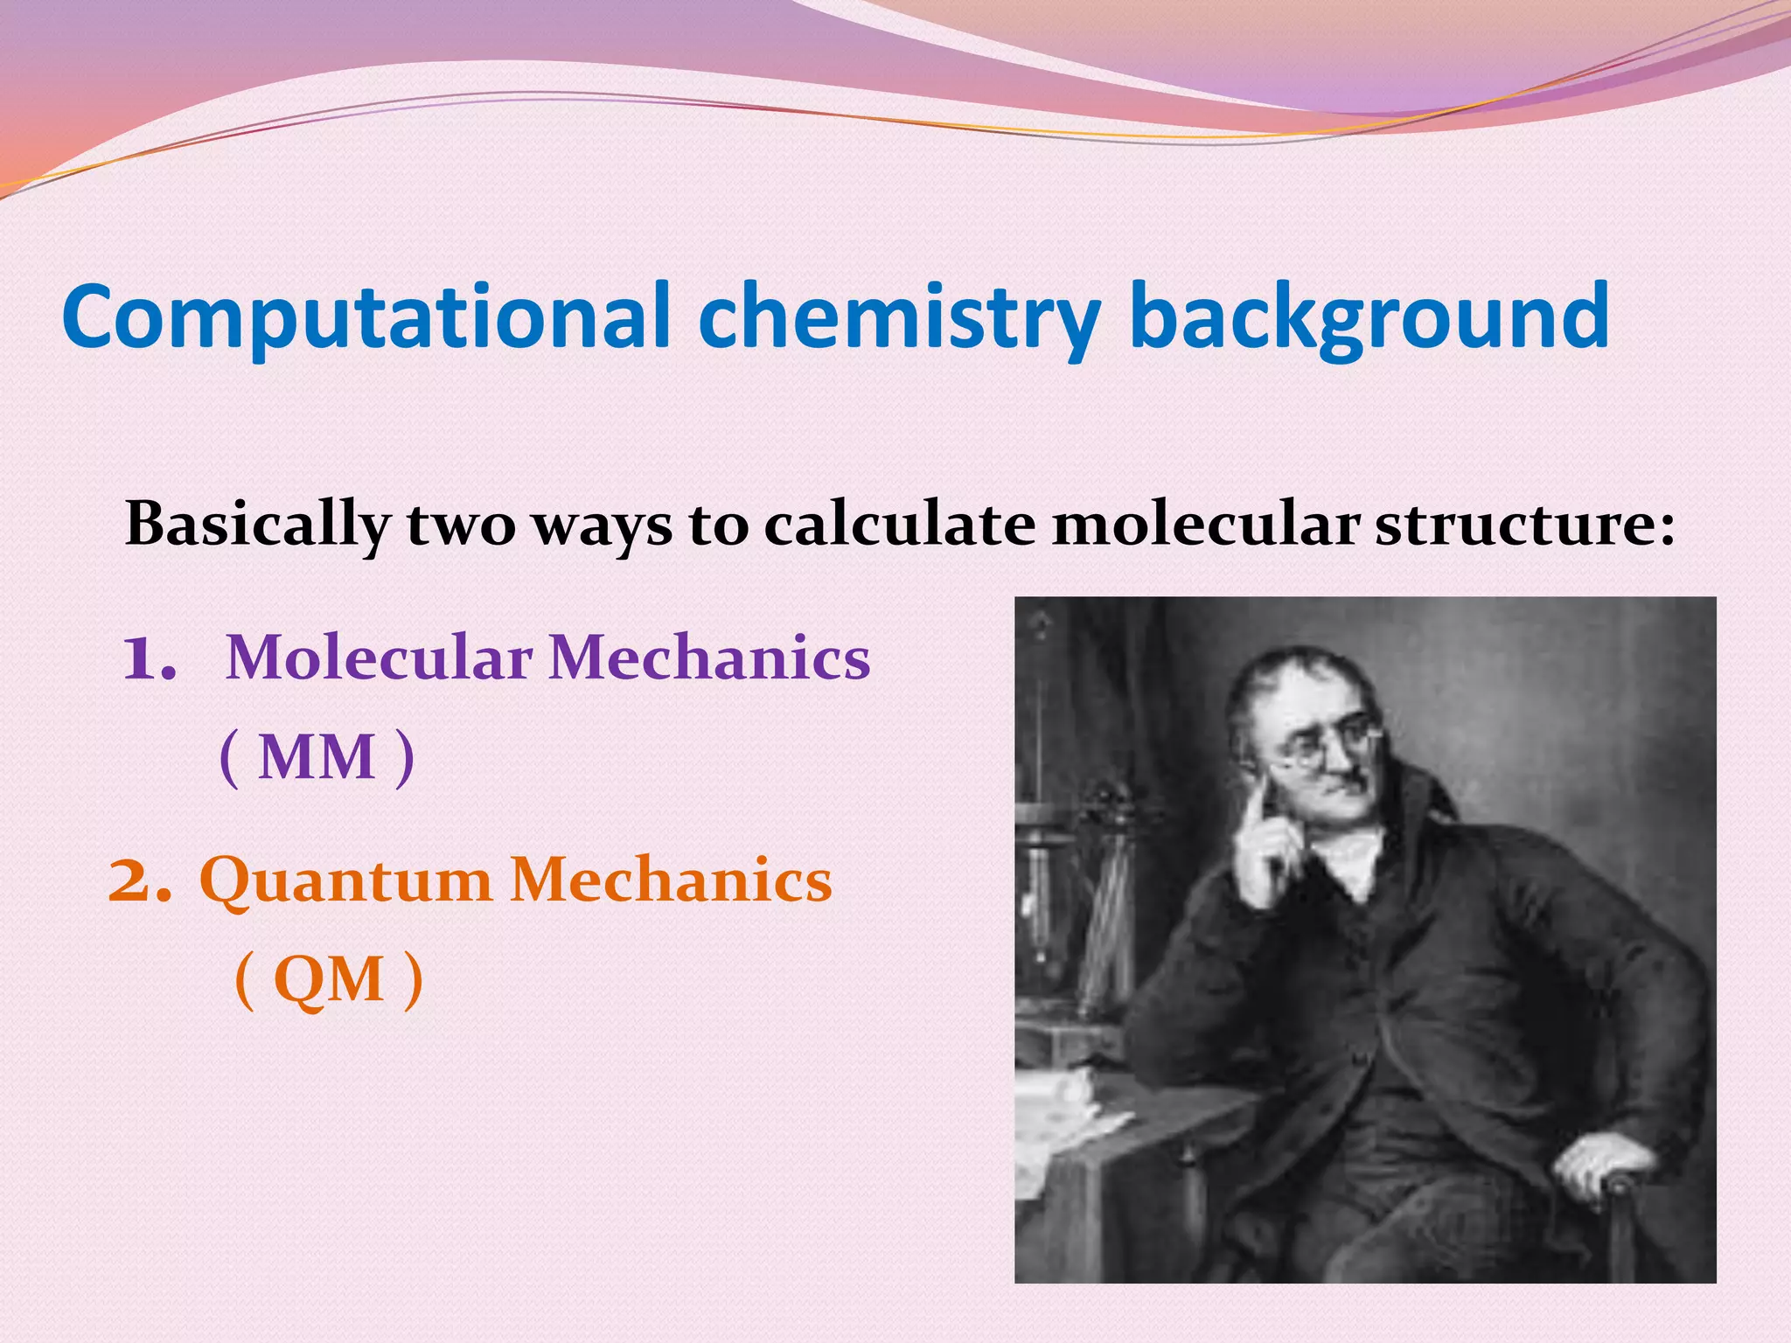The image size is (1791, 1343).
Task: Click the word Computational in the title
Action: click(366, 317)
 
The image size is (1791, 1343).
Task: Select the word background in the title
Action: click(1369, 317)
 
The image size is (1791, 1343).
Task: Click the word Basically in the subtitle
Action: click(256, 525)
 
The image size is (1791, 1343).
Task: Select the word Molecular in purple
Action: click(379, 658)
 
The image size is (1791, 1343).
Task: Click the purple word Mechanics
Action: click(709, 658)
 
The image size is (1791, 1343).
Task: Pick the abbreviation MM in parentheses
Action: click(317, 757)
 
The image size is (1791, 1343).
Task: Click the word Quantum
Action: click(345, 880)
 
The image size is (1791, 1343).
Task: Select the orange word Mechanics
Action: click(671, 880)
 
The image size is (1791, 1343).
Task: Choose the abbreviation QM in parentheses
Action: click(329, 979)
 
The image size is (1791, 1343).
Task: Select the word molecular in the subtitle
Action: click(1206, 525)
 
